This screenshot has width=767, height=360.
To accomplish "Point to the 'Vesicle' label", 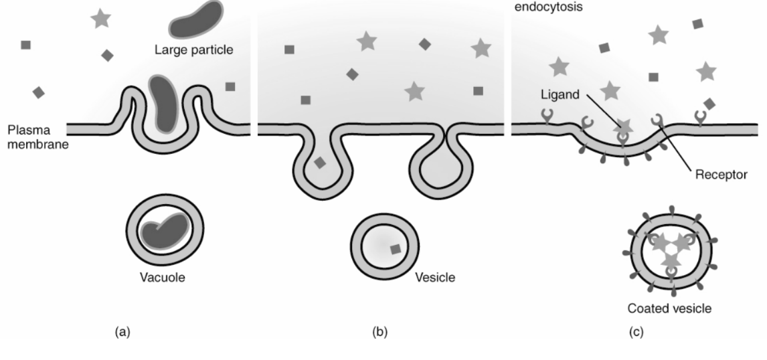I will click(434, 276).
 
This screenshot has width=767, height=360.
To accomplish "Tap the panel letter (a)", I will click(123, 331).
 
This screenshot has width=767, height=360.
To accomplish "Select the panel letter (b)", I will click(380, 331).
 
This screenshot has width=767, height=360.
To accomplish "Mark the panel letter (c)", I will click(636, 331).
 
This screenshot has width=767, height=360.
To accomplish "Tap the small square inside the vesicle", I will click(396, 249).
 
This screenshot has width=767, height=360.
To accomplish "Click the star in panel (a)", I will click(100, 19).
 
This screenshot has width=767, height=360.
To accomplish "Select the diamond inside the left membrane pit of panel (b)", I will click(321, 163).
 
